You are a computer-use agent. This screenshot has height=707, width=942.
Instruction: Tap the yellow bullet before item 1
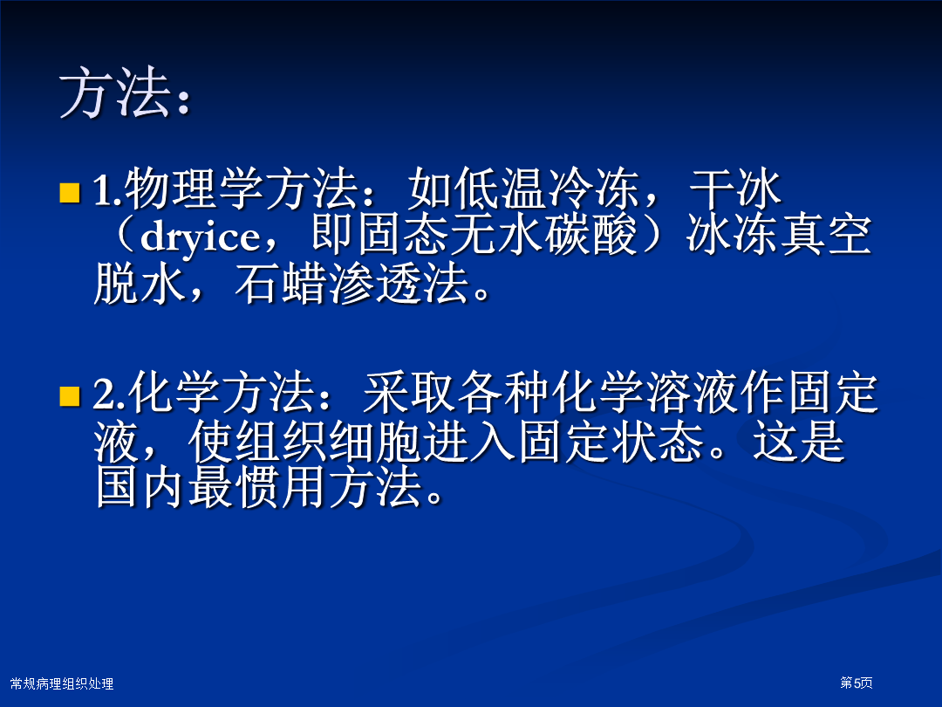[70, 192]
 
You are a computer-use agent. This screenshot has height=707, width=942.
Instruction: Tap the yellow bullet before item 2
[70, 397]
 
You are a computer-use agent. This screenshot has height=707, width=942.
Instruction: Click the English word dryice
[200, 237]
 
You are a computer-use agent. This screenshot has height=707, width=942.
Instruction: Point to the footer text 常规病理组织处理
[62, 683]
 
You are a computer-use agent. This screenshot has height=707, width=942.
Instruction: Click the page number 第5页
[857, 683]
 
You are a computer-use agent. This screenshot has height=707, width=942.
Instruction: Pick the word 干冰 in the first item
[735, 189]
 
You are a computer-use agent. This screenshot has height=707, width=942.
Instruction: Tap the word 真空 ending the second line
[825, 235]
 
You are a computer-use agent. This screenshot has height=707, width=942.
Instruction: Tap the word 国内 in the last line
[140, 487]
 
